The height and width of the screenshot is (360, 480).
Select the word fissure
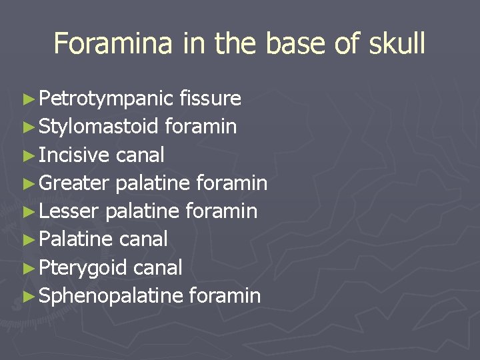210,99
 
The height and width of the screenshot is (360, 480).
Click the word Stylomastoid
99,127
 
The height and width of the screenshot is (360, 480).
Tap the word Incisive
74,155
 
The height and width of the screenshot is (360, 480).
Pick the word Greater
75,183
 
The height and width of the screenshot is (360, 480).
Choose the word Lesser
69,211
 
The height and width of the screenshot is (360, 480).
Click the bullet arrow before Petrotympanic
27,99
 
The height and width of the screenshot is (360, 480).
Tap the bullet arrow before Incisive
27,155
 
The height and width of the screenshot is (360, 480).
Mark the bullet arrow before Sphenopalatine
27,295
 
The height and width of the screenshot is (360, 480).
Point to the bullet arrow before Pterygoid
27,267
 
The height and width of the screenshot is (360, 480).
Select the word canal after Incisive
140,155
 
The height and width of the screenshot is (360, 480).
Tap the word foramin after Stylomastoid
200,127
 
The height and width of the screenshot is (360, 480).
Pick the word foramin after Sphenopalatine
225,295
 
